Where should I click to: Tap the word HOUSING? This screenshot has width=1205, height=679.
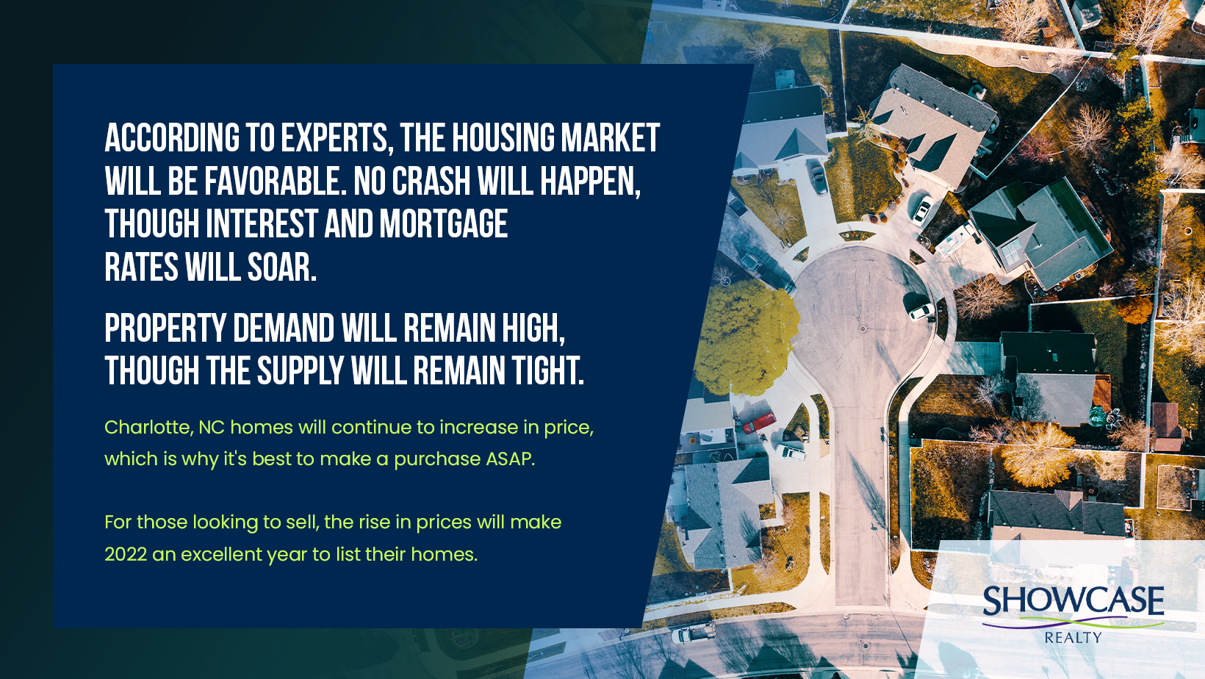click(x=503, y=137)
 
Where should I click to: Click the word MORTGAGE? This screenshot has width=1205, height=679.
click(x=444, y=224)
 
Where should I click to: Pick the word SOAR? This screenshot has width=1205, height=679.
click(x=281, y=267)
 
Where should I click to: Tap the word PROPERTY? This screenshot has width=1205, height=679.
click(x=165, y=328)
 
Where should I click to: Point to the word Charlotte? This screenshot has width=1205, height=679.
click(x=148, y=427)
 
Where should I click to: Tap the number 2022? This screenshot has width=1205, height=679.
click(x=126, y=554)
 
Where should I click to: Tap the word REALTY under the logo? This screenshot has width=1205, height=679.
click(x=1073, y=638)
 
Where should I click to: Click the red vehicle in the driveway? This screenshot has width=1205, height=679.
click(x=758, y=423)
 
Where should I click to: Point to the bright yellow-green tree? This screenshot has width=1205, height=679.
click(x=745, y=338)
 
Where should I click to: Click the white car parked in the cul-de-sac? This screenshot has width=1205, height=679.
click(x=921, y=311)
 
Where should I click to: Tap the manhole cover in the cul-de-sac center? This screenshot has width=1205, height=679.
click(x=863, y=328)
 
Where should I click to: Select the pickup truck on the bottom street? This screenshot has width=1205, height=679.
click(x=694, y=633)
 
